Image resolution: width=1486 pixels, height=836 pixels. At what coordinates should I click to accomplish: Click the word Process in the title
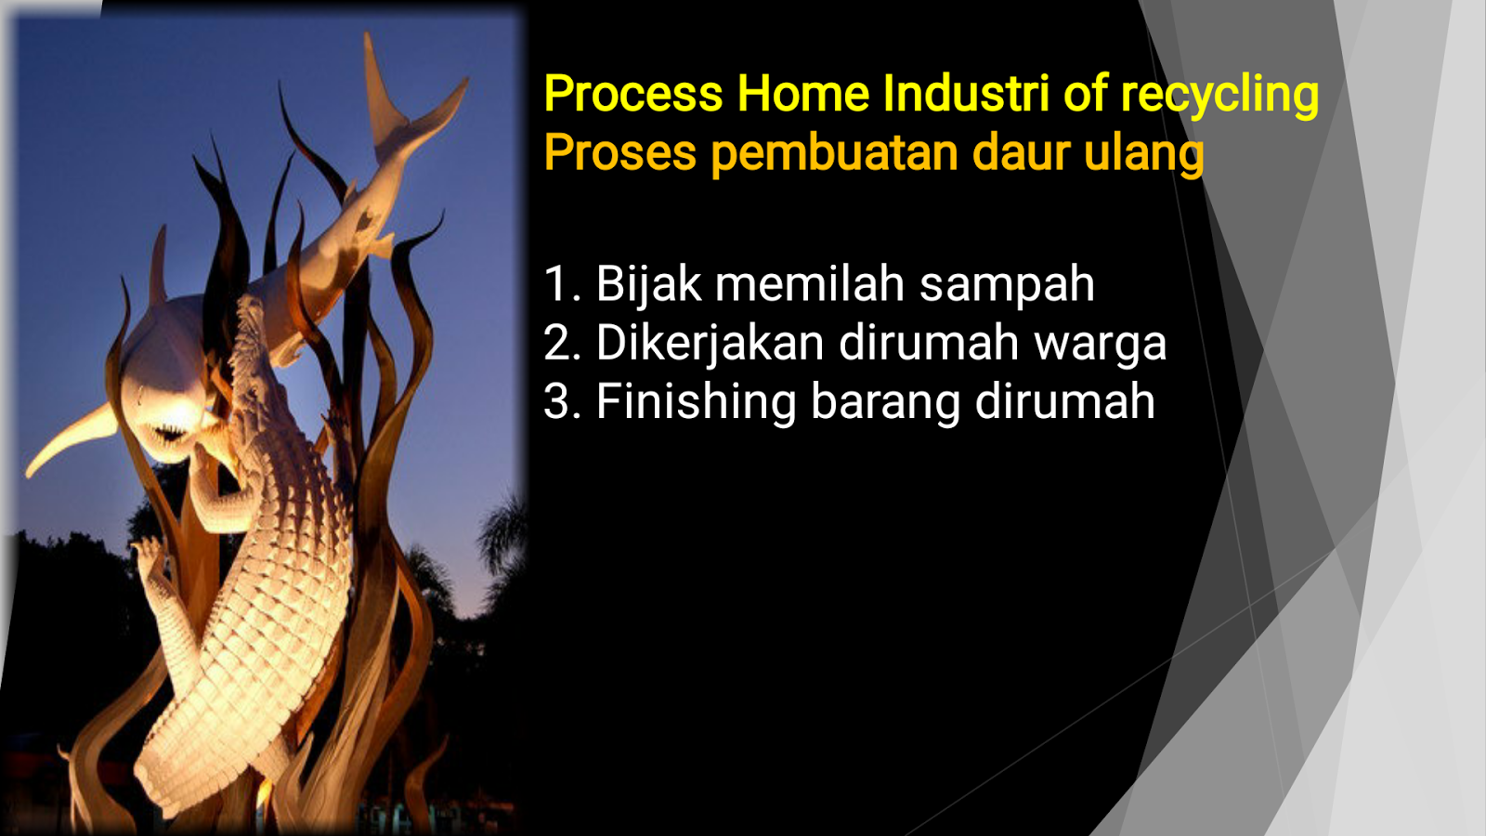pos(633,94)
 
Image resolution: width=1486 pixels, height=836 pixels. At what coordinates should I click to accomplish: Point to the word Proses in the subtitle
pos(620,153)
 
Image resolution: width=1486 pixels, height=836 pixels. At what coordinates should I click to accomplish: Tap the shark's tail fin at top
pos(406,99)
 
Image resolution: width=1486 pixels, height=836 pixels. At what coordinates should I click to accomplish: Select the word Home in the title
pos(803,94)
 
